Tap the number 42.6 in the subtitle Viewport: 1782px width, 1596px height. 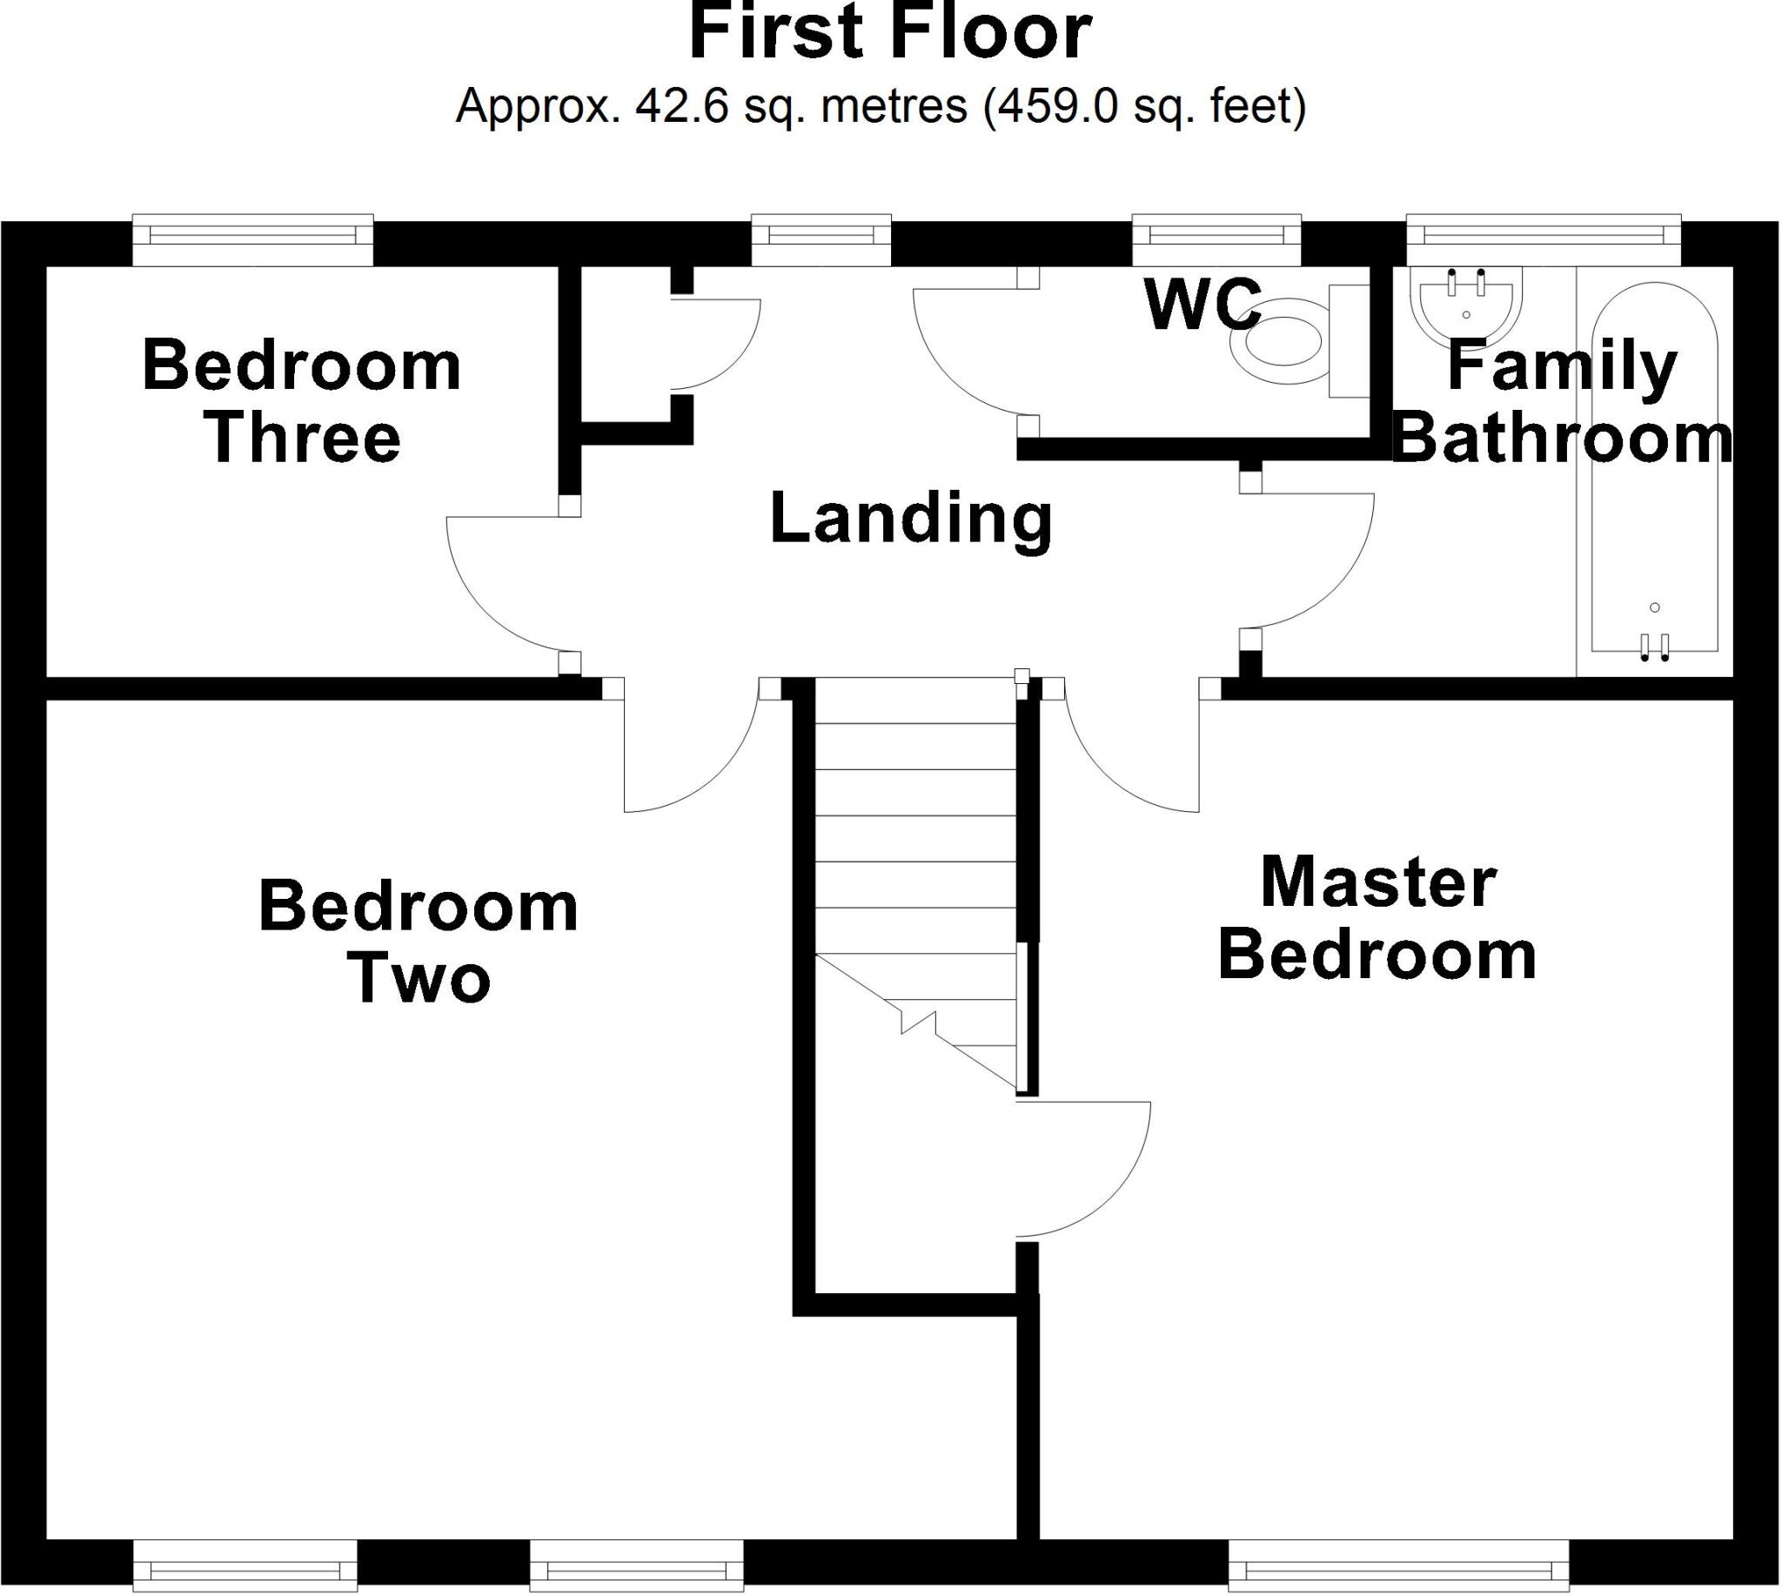coord(681,107)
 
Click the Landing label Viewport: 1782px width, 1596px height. coord(910,520)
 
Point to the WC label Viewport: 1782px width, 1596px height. coord(1203,305)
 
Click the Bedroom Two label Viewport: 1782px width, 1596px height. coord(419,942)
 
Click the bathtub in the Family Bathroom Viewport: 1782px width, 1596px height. coord(1654,473)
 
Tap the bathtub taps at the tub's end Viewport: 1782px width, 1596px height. coord(1654,647)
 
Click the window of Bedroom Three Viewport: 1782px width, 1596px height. coord(252,236)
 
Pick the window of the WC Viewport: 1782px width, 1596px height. coord(1216,236)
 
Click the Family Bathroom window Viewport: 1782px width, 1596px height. coord(1544,236)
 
